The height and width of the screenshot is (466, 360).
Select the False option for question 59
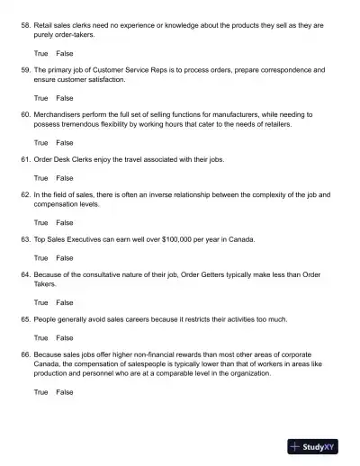pyautogui.click(x=65, y=97)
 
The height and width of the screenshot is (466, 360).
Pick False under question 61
pyautogui.click(x=65, y=177)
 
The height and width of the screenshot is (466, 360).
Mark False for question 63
pyautogui.click(x=65, y=257)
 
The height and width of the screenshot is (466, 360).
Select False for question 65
pyautogui.click(x=65, y=337)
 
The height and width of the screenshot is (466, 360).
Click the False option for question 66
pyautogui.click(x=65, y=392)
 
